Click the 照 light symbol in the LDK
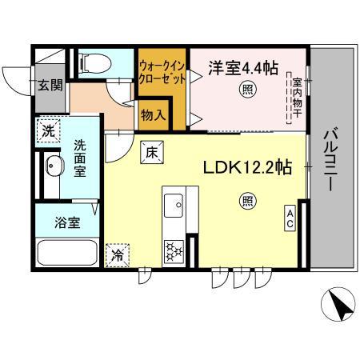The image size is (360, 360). click(248, 201)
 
